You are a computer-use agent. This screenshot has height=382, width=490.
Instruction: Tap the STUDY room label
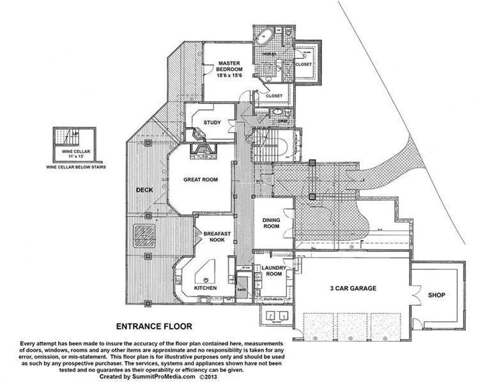[x=212, y=122]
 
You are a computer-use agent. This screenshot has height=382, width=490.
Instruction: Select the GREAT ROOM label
[x=201, y=180]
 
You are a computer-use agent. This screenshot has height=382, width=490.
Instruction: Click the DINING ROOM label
[x=272, y=223]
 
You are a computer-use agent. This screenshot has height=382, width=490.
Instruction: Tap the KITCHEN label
[x=205, y=288]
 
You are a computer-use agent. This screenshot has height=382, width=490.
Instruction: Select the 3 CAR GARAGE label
[x=353, y=288]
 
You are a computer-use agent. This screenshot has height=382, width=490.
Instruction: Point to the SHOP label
[x=436, y=295]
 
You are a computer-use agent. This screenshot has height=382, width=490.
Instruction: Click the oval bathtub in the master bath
[x=263, y=36]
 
